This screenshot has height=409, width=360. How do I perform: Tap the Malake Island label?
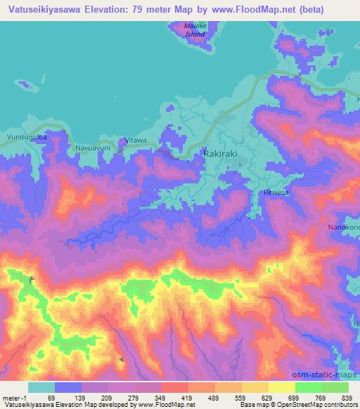pyautogui.click(x=194, y=30)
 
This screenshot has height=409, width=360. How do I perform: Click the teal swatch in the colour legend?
pyautogui.click(x=41, y=387)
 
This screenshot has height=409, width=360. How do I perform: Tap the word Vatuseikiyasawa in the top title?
pyautogui.click(x=50, y=11)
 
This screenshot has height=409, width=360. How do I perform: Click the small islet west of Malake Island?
pyautogui.click(x=27, y=87)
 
